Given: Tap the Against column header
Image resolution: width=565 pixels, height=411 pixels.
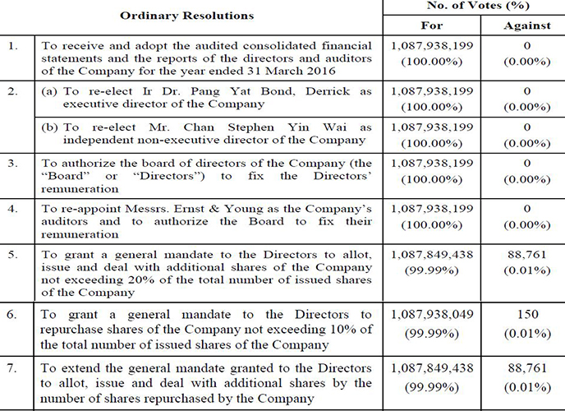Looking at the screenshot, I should click(527, 25).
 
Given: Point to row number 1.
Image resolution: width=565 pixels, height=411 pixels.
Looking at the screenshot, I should click(13, 45).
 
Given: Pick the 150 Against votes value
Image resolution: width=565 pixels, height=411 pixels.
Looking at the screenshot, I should click(527, 314).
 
